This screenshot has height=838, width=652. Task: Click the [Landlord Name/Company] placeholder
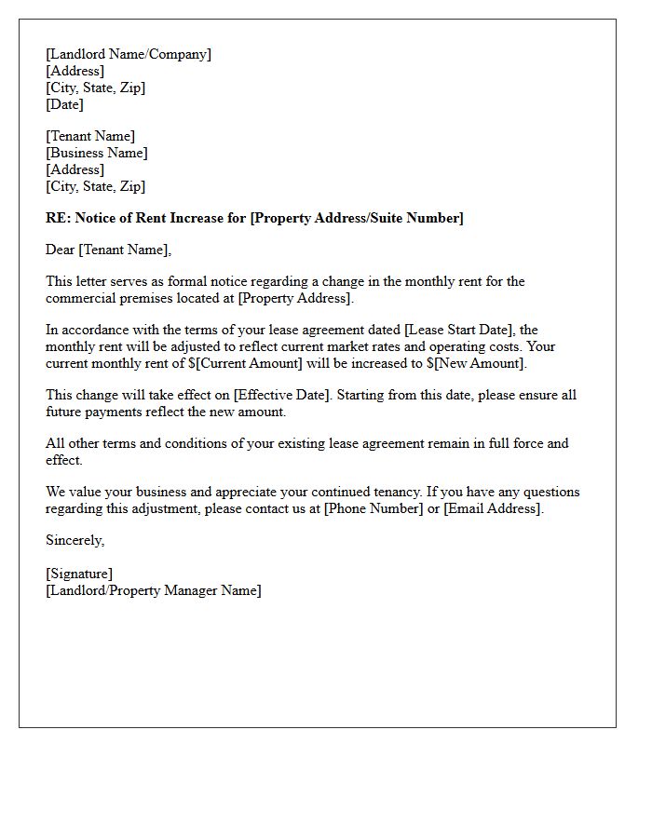[x=129, y=54]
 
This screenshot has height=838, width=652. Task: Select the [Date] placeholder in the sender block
[x=64, y=104]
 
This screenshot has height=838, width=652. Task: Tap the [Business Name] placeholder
[x=97, y=153]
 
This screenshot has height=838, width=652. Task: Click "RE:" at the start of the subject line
[x=58, y=218]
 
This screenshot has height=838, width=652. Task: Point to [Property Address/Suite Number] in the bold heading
[x=357, y=218]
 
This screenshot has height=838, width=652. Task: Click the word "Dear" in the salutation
[x=61, y=250]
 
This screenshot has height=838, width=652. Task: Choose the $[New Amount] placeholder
[x=476, y=363]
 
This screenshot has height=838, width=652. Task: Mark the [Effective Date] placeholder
[x=280, y=395]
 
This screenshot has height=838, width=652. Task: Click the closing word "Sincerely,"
[x=75, y=540]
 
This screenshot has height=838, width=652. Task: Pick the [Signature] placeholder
[x=79, y=574]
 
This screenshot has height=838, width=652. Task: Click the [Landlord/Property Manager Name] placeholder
[x=154, y=590]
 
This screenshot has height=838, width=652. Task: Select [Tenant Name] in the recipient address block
[x=90, y=136]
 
